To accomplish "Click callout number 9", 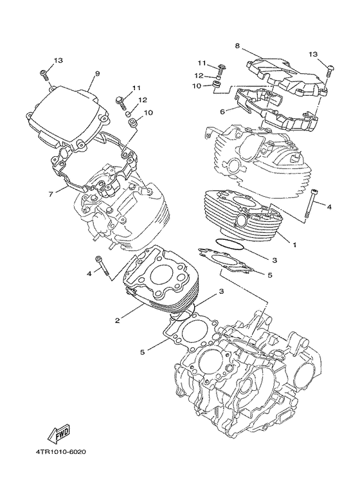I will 97,74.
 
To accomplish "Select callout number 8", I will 237,46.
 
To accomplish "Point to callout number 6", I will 222,111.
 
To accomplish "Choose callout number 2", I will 118,320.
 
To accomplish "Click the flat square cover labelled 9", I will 67,116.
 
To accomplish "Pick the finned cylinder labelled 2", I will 157,283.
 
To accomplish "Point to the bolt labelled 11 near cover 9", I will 121,100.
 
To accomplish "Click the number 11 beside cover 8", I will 201,63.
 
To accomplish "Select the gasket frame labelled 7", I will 96,158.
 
